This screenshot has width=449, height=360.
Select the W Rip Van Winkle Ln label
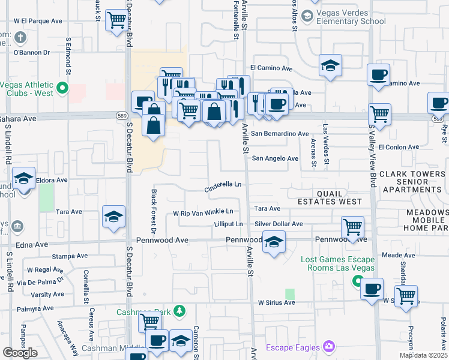click(203, 212)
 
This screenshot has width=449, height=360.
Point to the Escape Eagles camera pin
click(328, 346)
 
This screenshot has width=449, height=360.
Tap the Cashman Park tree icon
click(178, 311)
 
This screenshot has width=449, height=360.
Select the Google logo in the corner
click(20, 353)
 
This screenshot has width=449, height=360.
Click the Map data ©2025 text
click(424, 355)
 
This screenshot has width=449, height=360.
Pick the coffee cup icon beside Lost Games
click(372, 289)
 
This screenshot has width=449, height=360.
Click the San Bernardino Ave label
click(280, 134)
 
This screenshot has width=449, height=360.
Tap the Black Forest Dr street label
click(154, 211)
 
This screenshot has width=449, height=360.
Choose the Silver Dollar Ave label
click(279, 224)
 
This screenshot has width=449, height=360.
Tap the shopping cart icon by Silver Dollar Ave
click(352, 227)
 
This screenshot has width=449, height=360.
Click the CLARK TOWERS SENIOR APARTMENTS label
click(413, 181)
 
